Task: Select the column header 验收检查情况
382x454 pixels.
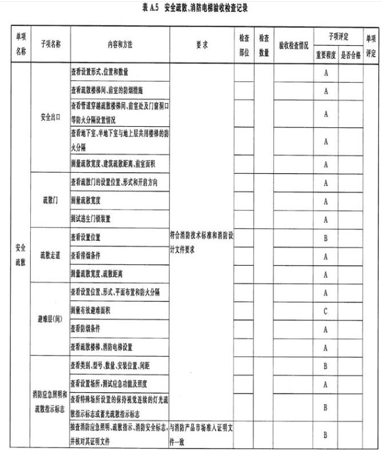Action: click(x=293, y=45)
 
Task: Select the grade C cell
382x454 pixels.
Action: click(x=325, y=310)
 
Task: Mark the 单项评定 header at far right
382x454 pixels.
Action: click(x=371, y=45)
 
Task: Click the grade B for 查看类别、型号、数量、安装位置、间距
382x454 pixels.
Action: click(x=325, y=366)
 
